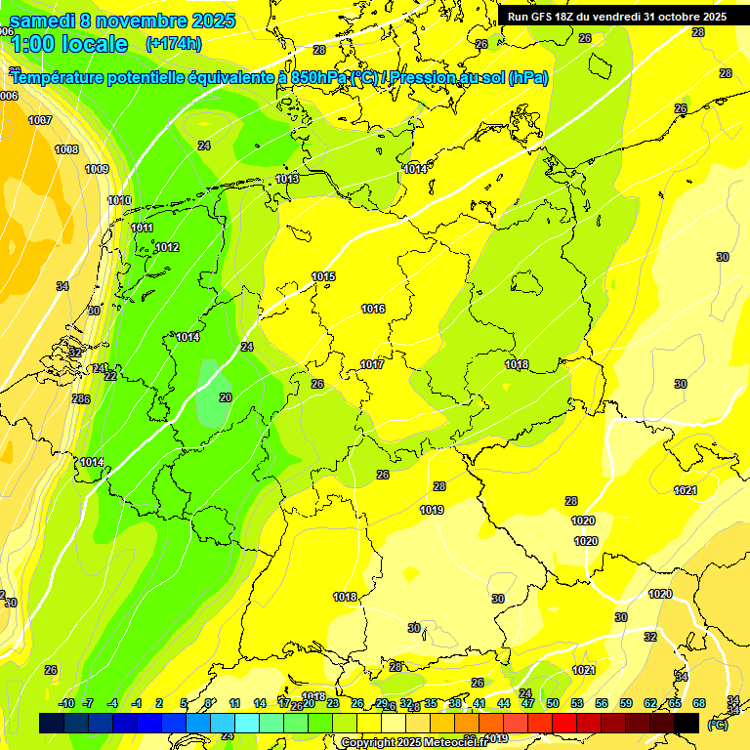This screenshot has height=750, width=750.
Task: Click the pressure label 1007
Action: click(40, 120)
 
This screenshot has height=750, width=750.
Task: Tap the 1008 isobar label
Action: click(66, 149)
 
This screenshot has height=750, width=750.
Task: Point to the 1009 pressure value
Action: click(97, 169)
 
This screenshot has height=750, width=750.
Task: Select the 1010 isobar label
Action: click(119, 200)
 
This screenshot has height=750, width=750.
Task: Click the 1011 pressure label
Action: click(142, 228)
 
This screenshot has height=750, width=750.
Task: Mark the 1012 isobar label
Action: click(167, 247)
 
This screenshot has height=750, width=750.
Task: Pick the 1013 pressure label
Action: click(287, 179)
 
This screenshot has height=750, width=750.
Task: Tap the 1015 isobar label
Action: click(323, 276)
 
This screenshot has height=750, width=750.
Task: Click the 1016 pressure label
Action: click(373, 309)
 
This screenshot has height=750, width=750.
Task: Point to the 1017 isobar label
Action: click(372, 364)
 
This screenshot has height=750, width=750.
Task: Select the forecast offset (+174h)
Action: click(173, 44)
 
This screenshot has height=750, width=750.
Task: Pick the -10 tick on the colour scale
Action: click(66, 703)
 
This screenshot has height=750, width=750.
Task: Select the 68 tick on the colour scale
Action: click(699, 703)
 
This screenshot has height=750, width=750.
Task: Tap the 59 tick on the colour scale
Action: click(625, 703)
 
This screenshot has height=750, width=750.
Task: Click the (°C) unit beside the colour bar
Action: click(718, 725)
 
